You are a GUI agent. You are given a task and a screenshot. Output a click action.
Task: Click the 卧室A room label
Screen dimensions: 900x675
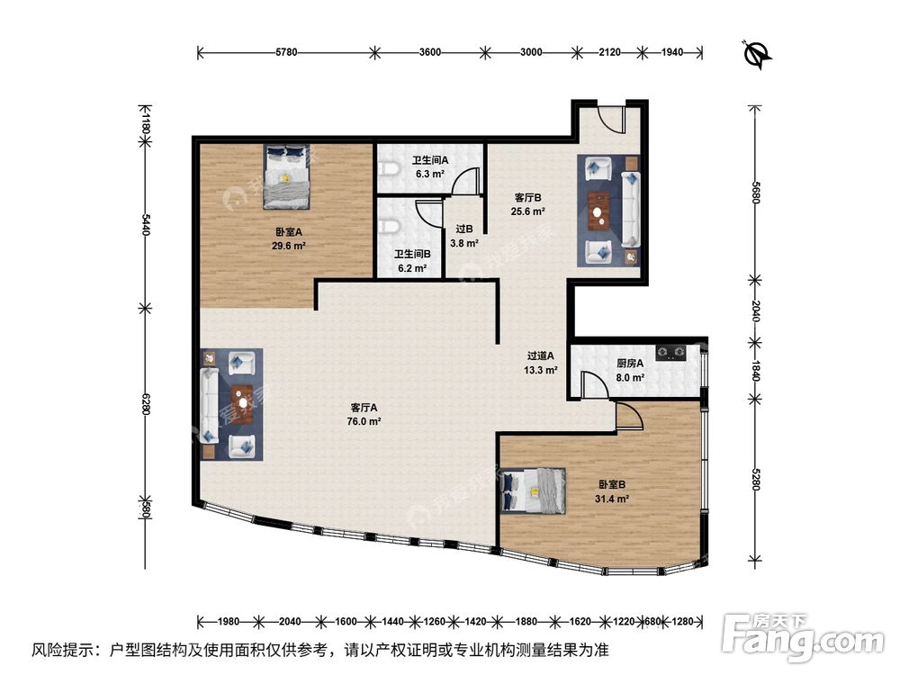point(289,232)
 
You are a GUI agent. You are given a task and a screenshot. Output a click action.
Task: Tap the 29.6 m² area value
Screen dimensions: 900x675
point(289,247)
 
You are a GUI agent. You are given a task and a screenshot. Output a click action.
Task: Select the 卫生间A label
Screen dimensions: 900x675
point(430,160)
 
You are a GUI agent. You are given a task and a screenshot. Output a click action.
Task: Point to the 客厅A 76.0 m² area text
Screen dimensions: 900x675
point(364,421)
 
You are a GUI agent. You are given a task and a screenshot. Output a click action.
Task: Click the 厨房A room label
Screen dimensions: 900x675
point(630,364)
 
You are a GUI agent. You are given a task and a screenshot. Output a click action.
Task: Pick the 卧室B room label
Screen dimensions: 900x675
point(611,485)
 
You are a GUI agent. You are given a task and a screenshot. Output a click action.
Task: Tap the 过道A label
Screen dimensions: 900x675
point(541,356)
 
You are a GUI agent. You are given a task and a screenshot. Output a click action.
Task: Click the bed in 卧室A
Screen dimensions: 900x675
point(287,176)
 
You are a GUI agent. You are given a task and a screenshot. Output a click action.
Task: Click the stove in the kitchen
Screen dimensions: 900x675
point(671,351)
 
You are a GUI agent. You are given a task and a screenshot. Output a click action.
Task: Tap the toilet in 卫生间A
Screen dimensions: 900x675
point(391,169)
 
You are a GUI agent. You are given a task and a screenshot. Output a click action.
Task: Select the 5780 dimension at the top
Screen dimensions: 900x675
point(286,52)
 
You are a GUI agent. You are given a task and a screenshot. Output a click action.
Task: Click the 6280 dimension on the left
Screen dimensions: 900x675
point(146,404)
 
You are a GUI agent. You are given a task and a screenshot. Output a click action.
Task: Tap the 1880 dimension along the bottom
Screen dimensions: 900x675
point(526,621)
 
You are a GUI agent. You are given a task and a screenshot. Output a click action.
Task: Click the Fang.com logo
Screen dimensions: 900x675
point(803,637)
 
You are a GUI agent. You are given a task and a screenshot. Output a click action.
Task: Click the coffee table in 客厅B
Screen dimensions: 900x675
point(598,211)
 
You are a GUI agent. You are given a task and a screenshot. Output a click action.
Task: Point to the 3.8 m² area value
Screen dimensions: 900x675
point(464,243)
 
